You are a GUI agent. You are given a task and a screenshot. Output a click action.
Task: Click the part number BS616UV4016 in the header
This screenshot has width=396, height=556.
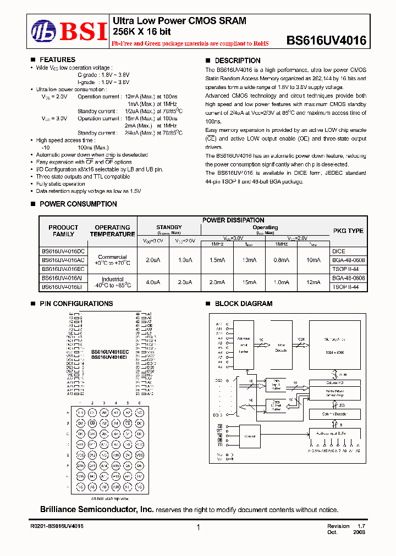tap(326, 40)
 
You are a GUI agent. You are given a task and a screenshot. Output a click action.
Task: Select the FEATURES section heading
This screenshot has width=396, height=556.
tap(57, 60)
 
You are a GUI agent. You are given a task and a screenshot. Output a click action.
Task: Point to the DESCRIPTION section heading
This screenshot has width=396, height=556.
tap(237, 60)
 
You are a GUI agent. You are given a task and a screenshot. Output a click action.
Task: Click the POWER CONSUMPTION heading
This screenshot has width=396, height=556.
tap(78, 204)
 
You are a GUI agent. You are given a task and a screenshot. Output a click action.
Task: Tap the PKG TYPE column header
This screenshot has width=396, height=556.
tap(348, 231)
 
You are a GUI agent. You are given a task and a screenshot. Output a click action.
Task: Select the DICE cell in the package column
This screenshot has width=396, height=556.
tap(339, 251)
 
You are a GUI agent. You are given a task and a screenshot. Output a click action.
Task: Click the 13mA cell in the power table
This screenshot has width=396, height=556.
tap(249, 260)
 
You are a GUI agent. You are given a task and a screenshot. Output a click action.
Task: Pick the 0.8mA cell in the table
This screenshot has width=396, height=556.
tap(281, 260)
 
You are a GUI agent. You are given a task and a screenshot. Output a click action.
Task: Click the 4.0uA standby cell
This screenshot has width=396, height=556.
tap(153, 282)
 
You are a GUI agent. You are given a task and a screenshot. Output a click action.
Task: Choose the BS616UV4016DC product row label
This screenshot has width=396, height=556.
tap(63, 251)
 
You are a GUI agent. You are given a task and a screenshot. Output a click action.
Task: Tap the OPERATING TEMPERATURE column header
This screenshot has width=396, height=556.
tap(112, 231)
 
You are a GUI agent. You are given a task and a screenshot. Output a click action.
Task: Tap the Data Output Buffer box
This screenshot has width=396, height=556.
tap(275, 405)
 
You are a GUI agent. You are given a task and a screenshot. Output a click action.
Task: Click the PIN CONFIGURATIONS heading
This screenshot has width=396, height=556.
tap(76, 303)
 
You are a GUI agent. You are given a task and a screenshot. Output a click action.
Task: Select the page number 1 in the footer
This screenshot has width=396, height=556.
tap(197, 527)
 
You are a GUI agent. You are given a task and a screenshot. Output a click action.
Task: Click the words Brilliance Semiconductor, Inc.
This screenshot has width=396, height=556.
tap(97, 510)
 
